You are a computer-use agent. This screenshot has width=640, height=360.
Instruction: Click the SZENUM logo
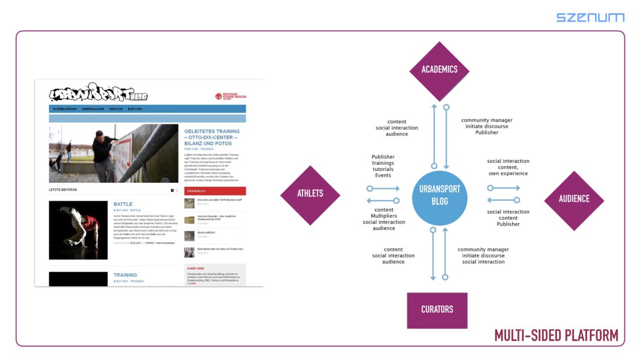point(590,17)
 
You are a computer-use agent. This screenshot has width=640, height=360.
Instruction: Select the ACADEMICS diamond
point(439,70)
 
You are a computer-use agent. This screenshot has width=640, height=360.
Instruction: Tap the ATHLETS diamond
point(310,194)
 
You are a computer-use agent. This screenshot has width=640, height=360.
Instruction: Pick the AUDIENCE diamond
point(574,199)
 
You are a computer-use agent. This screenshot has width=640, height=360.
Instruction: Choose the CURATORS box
point(437,309)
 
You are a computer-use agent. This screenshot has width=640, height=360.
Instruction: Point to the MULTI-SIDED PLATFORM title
point(556,336)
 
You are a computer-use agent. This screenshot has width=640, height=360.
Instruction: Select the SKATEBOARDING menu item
point(65,109)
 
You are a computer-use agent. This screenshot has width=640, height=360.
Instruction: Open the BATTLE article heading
point(123,204)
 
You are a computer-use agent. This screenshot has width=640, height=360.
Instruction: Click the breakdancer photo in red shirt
point(78,230)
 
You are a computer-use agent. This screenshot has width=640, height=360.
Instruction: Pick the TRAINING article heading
point(125,275)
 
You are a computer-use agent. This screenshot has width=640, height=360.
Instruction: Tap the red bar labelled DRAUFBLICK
point(215,191)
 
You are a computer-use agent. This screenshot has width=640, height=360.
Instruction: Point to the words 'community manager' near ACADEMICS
point(487,120)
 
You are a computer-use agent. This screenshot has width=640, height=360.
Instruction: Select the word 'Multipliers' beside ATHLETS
point(384,216)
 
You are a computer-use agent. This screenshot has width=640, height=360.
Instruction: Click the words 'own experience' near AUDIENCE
point(508,173)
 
